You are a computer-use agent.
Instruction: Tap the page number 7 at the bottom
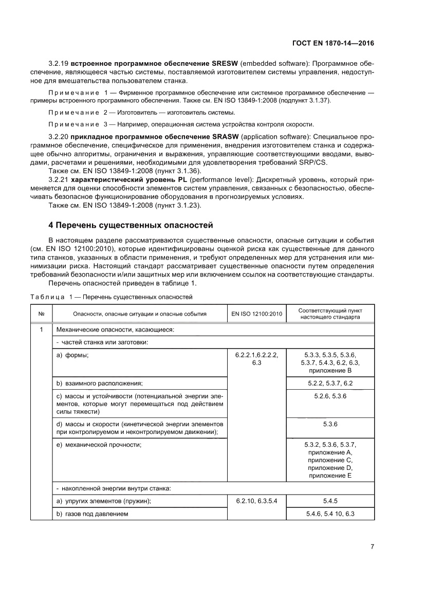(372, 547)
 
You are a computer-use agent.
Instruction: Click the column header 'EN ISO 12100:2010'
(256, 313)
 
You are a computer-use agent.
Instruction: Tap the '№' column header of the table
(41, 313)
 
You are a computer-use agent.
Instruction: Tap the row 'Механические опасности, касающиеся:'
(115, 329)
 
